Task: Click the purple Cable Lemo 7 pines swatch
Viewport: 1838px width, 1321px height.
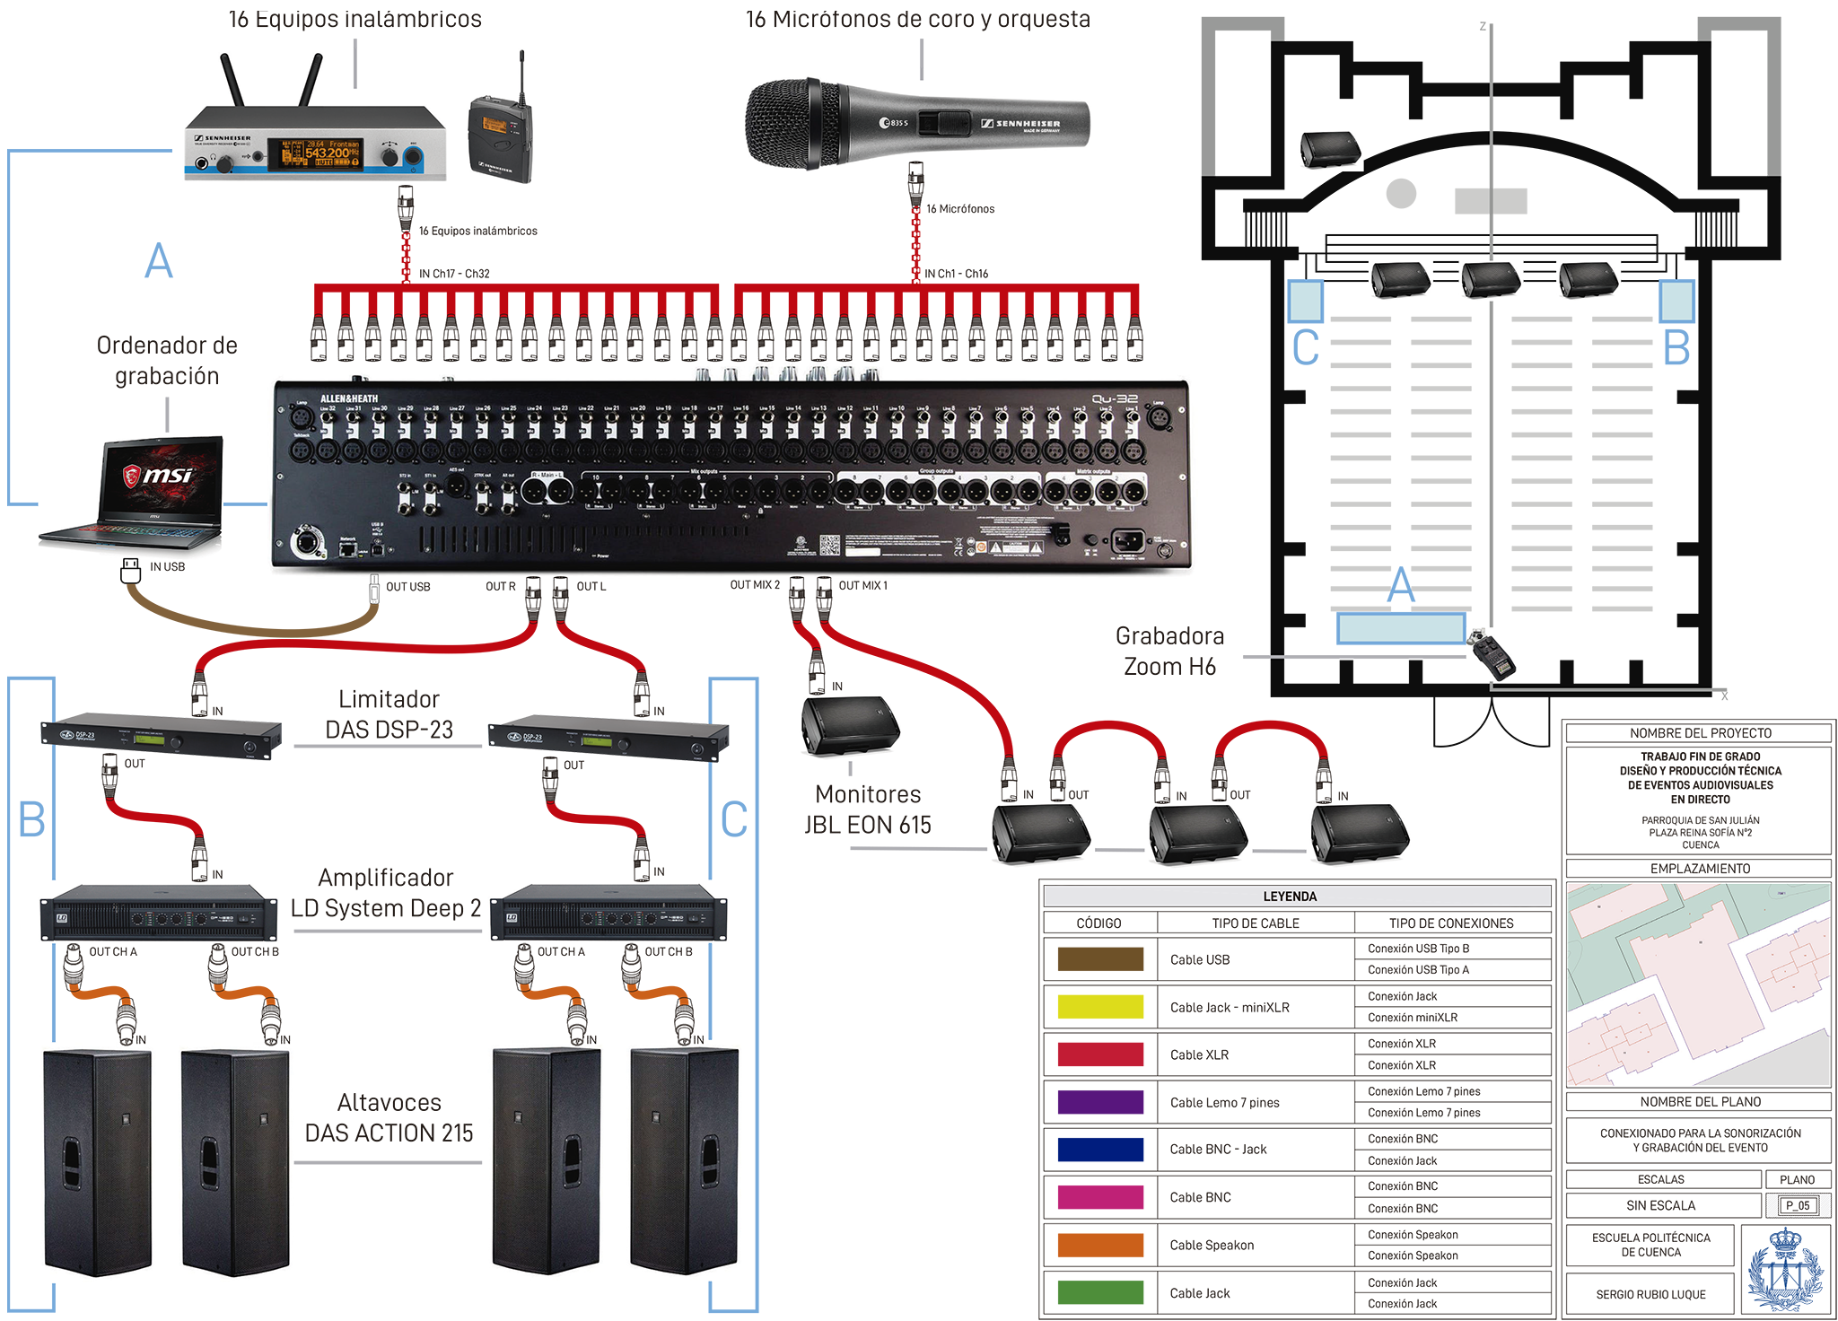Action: pos(1100,1102)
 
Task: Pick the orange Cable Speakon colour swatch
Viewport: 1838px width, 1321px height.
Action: pos(1100,1245)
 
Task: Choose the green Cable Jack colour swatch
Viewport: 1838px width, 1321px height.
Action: pos(1100,1292)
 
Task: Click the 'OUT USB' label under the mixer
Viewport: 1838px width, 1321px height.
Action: pos(407,587)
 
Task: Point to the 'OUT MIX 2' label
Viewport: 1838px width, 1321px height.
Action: pos(755,585)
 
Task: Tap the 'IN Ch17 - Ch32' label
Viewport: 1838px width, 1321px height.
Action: pos(454,274)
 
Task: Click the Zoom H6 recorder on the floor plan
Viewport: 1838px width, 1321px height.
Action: pos(1492,654)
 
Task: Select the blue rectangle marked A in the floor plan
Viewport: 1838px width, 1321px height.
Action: pos(1400,628)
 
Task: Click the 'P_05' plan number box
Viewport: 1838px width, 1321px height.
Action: pos(1797,1205)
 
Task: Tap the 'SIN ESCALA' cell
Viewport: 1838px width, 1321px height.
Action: pos(1660,1205)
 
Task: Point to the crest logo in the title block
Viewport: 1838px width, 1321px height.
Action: pos(1785,1271)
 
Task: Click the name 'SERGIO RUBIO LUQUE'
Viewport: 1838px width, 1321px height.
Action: pos(1650,1294)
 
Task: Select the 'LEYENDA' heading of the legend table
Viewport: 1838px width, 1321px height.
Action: pos(1290,897)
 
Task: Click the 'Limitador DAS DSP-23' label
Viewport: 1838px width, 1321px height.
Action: pos(389,714)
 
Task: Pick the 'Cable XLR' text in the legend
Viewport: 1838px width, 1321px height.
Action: pos(1199,1054)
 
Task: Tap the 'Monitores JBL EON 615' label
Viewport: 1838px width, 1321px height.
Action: pos(868,809)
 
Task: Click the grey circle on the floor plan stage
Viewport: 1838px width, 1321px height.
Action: pos(1401,193)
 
